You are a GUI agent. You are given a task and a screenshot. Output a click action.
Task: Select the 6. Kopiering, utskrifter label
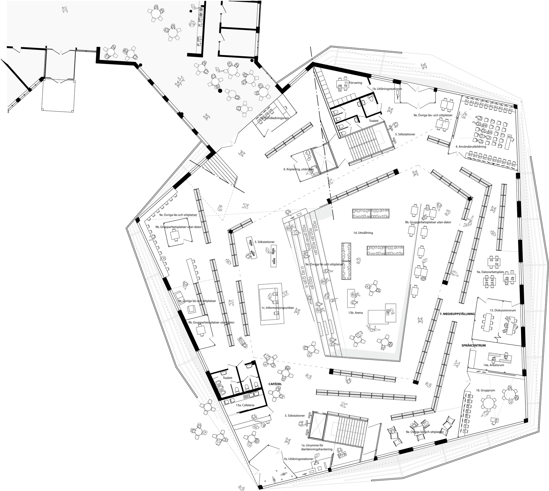click(298, 169)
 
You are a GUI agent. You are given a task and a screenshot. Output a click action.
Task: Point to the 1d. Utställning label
click(363, 233)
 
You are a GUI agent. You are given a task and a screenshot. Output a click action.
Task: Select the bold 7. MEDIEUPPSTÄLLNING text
click(457, 314)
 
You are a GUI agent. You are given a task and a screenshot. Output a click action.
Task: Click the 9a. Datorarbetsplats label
click(491, 272)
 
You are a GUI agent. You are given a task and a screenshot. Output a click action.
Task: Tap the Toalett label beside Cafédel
click(228, 378)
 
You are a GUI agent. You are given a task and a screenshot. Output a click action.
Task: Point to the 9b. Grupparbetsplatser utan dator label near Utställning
click(428, 222)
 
